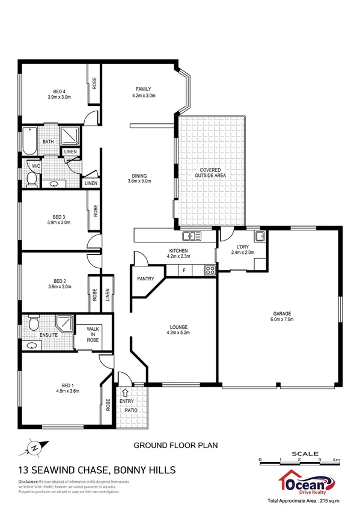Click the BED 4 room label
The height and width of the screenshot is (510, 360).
[58, 93]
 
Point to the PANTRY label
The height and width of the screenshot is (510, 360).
[145, 279]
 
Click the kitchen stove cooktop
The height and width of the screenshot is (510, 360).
[210, 270]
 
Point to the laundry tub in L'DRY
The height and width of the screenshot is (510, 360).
[260, 236]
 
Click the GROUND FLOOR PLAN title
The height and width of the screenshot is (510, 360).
[175, 446]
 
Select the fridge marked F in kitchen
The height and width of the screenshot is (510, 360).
[185, 271]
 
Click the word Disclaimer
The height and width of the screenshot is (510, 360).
[29, 482]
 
